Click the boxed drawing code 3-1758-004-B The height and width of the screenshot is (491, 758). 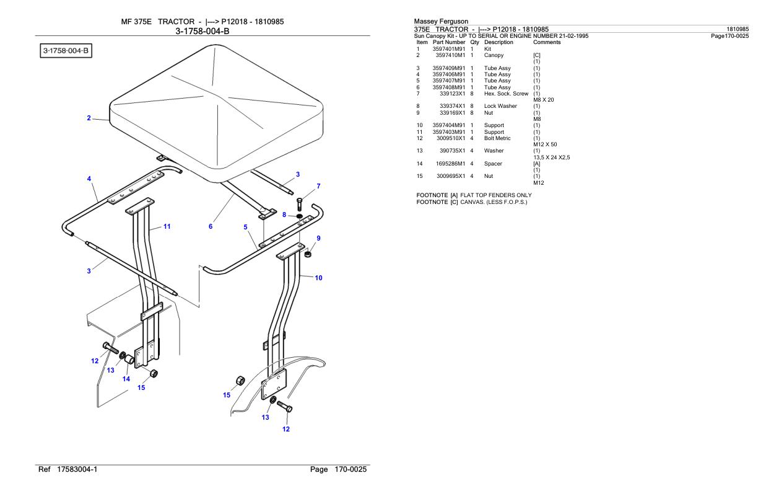click(66, 51)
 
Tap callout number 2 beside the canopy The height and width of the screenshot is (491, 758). click(89, 118)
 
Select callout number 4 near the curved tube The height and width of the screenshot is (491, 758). click(89, 179)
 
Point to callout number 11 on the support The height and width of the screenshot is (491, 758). click(167, 226)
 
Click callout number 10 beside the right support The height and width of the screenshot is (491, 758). click(318, 278)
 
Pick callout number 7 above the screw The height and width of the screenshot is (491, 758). click(318, 186)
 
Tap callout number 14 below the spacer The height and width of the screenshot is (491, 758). click(126, 379)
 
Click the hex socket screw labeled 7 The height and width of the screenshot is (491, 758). click(300, 204)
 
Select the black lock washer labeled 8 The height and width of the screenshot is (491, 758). click(300, 216)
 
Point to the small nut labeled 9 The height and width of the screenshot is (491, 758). click(308, 254)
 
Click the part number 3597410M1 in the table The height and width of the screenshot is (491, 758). click(450, 55)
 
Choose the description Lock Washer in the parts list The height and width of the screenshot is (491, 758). click(500, 106)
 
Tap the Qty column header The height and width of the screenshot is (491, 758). click(475, 42)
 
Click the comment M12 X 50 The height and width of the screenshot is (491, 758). click(545, 144)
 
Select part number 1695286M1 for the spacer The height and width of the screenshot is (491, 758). click(450, 164)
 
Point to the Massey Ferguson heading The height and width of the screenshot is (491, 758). click(442, 21)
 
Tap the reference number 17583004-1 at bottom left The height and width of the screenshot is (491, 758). click(77, 469)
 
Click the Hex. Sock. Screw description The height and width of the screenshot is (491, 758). click(506, 94)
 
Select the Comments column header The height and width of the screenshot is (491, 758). click(547, 42)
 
